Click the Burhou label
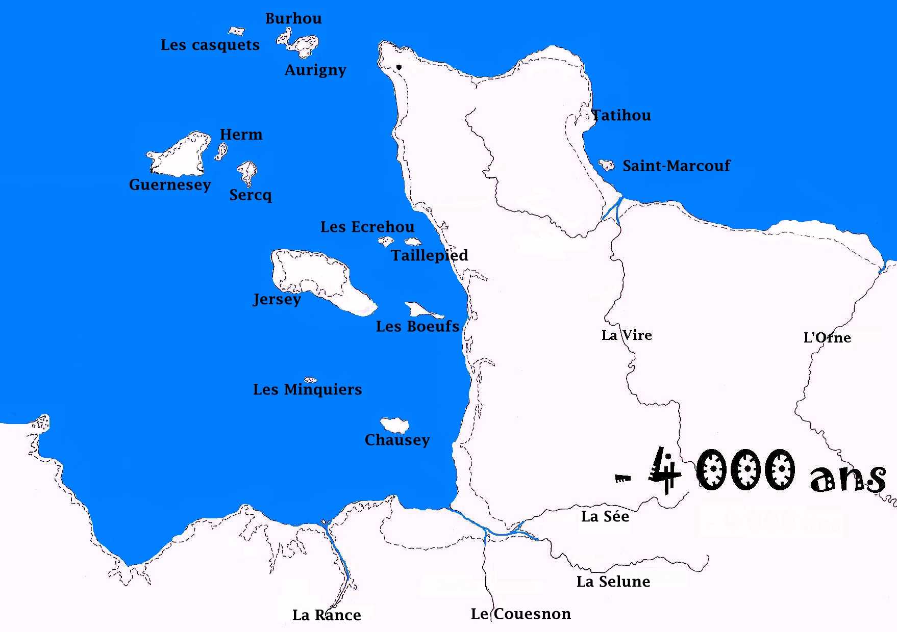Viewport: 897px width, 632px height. tap(293, 19)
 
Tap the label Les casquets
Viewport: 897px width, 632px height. tap(210, 45)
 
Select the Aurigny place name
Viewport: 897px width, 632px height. tap(315, 69)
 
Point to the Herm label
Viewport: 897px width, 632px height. tap(241, 135)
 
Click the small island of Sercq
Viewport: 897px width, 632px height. tap(248, 172)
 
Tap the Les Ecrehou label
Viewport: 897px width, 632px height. tap(367, 227)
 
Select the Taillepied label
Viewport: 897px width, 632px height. tap(429, 255)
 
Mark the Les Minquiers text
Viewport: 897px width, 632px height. tap(307, 389)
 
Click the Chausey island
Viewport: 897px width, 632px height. tap(394, 425)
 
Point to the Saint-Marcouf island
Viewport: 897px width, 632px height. tap(607, 165)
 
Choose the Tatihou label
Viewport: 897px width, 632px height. tap(621, 115)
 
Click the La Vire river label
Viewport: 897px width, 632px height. tap(627, 335)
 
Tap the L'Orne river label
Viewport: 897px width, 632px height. tap(827, 337)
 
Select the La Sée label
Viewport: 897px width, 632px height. tap(605, 516)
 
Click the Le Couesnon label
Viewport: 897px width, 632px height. tap(520, 614)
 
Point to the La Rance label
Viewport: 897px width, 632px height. tap(327, 615)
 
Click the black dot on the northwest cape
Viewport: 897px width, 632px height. tap(399, 67)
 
